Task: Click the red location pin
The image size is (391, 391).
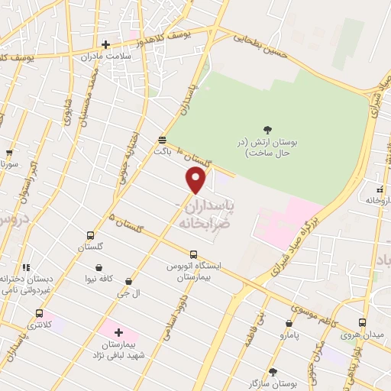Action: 196,179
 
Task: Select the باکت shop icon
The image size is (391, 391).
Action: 162,140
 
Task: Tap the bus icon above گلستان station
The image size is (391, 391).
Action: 91,235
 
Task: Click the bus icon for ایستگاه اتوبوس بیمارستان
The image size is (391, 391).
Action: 193,255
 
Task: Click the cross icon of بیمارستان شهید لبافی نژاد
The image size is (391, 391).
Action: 118,333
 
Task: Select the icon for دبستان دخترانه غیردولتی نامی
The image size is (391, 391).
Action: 26,267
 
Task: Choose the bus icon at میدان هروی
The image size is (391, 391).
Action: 362,322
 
